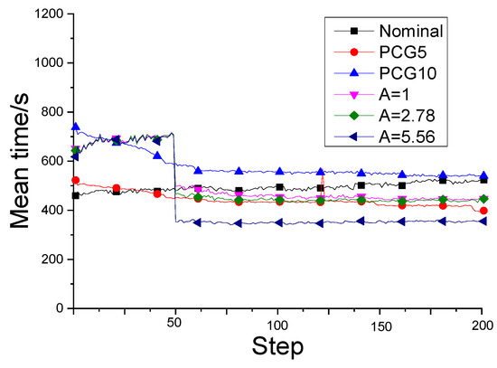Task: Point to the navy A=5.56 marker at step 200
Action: coord(483,221)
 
